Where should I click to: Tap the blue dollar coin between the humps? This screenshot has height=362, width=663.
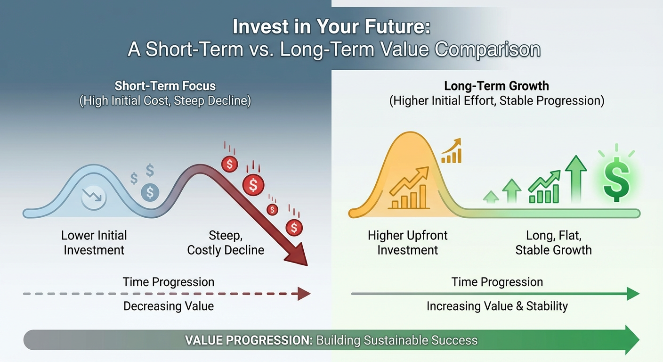tap(150, 192)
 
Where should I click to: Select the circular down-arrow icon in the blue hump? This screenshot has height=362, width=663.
tap(94, 197)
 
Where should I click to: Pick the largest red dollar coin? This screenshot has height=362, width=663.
tap(253, 185)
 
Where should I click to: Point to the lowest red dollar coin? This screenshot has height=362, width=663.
tap(294, 228)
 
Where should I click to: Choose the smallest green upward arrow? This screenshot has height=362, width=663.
tap(491, 196)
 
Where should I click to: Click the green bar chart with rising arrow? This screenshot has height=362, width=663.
tap(544, 188)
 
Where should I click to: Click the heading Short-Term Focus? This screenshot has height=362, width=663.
tap(165, 86)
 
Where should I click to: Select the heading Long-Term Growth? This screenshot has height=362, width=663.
tap(497, 86)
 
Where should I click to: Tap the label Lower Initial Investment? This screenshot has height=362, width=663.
tap(94, 243)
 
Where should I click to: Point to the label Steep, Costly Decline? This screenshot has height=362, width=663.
tap(226, 243)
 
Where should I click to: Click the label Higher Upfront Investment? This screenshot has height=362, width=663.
tap(408, 243)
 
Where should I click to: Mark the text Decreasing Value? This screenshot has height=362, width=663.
tap(169, 306)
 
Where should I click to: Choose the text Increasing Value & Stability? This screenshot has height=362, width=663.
tap(497, 306)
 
